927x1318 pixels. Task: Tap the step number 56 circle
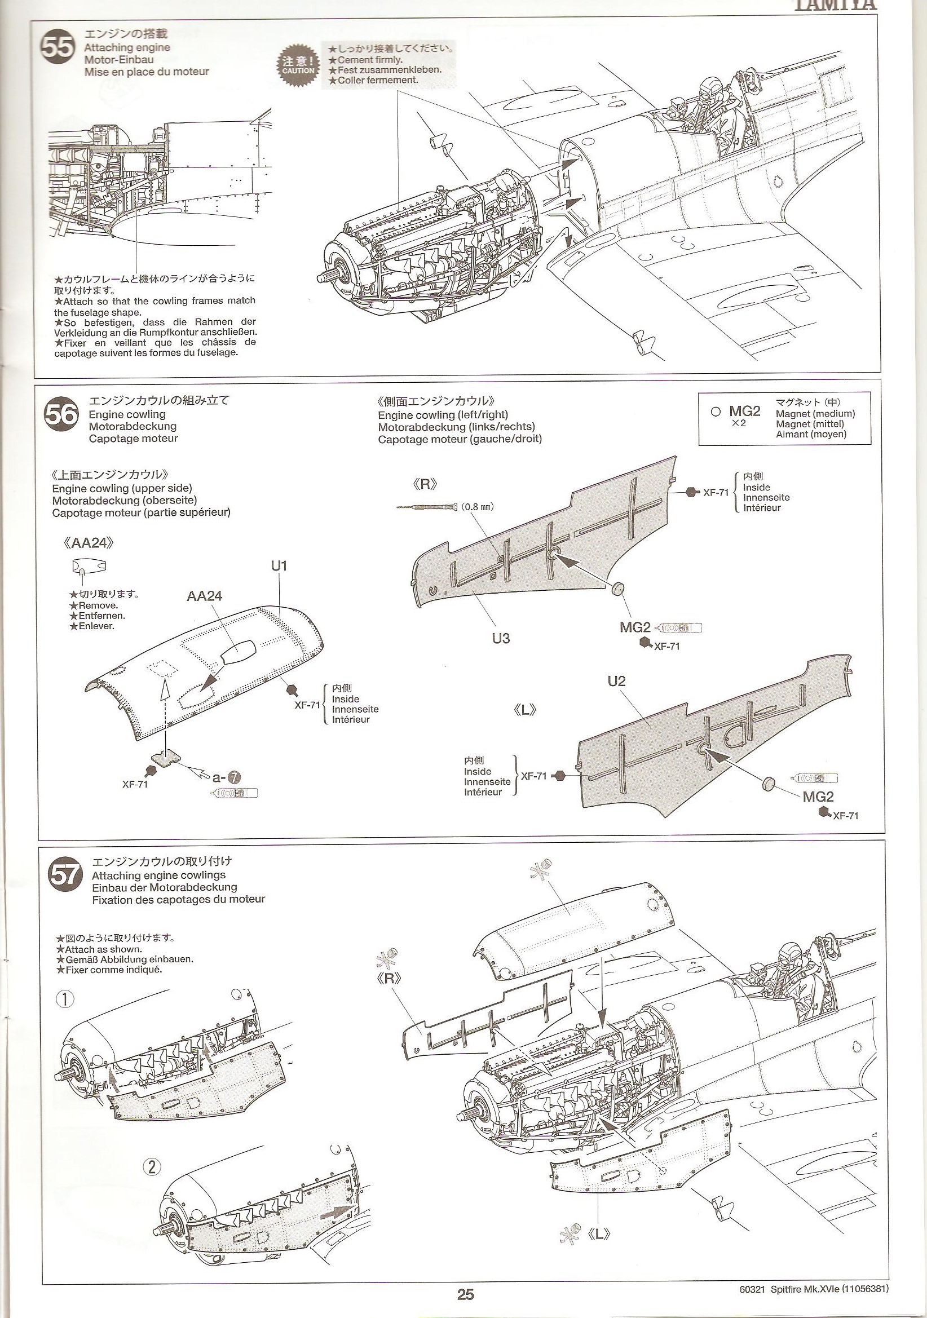pos(61,414)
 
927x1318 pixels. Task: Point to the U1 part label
pos(279,566)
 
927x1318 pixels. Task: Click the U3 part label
pos(501,638)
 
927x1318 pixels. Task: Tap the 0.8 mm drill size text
pos(478,507)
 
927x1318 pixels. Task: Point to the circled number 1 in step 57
pos(65,999)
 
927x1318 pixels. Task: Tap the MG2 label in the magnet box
pos(744,411)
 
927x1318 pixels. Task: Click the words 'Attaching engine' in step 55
pos(127,48)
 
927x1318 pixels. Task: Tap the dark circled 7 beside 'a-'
pos(235,778)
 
